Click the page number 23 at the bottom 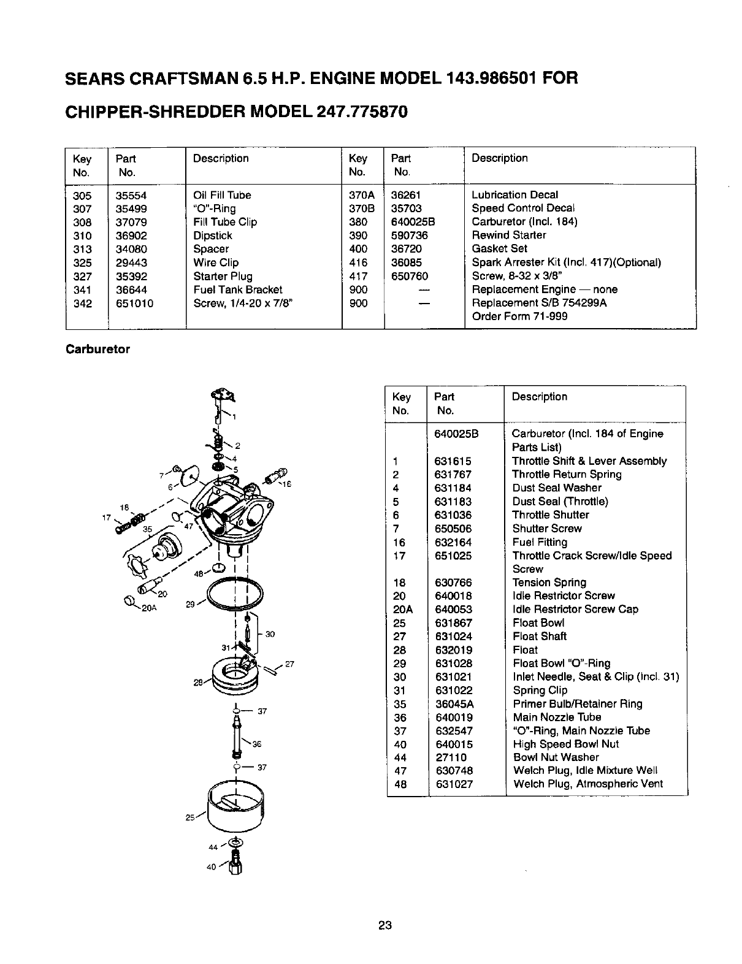[x=384, y=925]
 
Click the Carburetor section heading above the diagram [x=98, y=350]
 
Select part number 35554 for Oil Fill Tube [x=131, y=196]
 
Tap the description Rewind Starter [x=508, y=235]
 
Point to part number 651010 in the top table [x=135, y=304]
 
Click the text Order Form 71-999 [x=519, y=316]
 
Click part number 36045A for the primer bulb [x=454, y=704]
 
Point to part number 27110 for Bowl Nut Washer [x=450, y=757]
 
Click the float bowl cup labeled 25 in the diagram [x=236, y=803]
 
